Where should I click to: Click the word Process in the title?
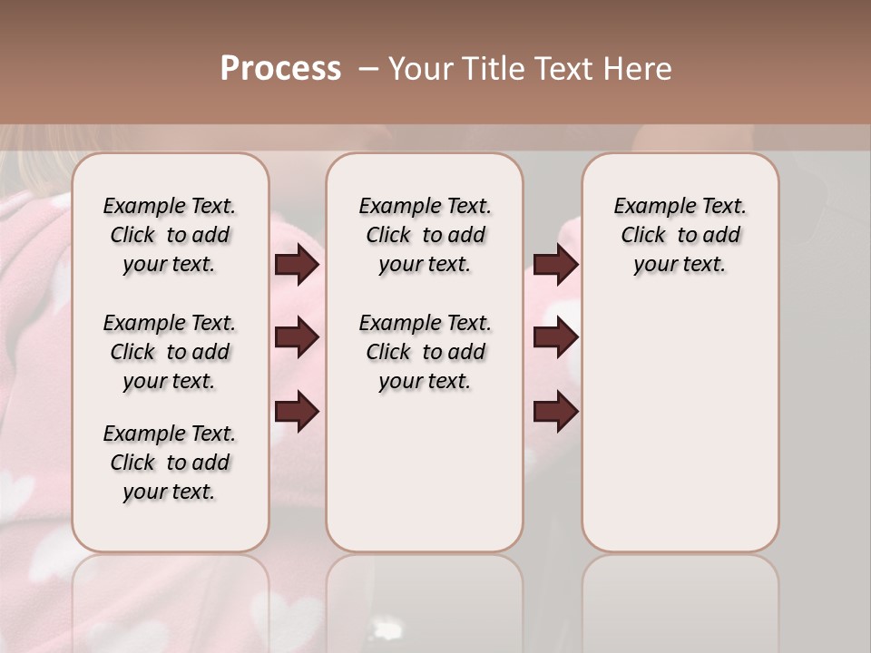coord(280,69)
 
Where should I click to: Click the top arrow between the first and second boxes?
coord(297,265)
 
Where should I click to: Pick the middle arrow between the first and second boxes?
coord(297,338)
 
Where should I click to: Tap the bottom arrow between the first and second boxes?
coord(297,411)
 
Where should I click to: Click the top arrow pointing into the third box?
coord(555,265)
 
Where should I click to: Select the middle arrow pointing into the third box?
coord(555,338)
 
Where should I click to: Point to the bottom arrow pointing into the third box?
coord(555,411)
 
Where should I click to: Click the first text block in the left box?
coord(170,235)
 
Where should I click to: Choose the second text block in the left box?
coord(170,352)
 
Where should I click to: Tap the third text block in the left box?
coord(170,463)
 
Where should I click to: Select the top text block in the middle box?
coord(425,235)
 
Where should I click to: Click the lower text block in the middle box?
coord(425,352)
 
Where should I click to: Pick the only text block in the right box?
coord(680,235)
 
